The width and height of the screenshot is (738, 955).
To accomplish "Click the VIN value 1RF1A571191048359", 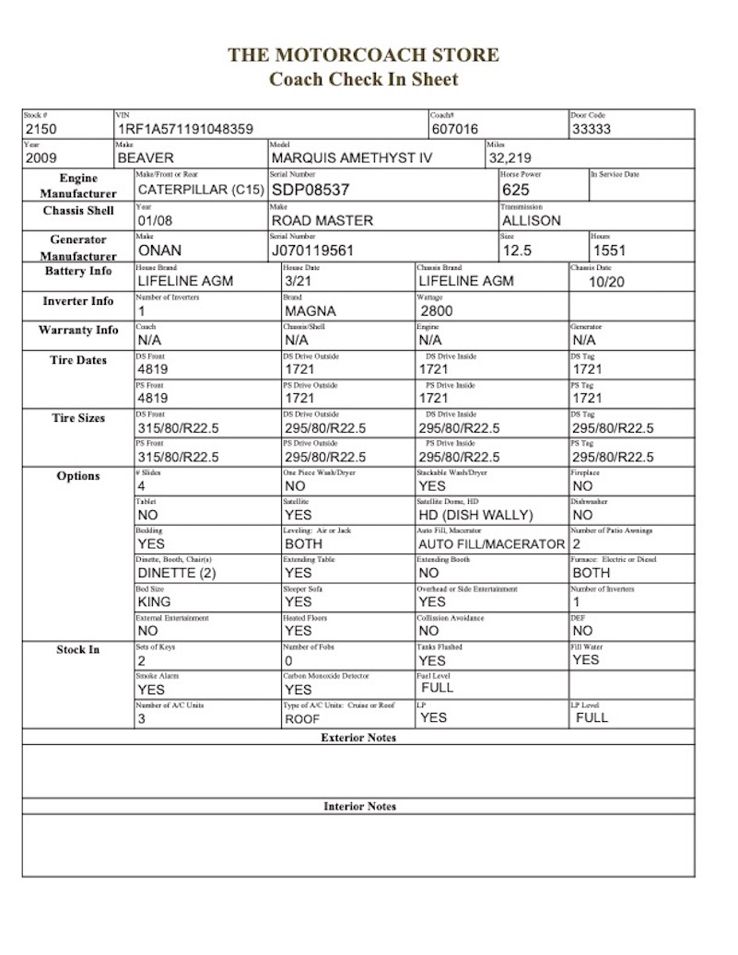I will coord(184,130).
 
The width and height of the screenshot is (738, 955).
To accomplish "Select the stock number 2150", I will coord(41,130).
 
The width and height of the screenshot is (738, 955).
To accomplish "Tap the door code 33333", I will coord(592,130).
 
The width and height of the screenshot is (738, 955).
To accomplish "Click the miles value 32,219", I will coord(510,158).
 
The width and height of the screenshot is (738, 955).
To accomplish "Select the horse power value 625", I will coord(516,190).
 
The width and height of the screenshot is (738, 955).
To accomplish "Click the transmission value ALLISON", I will coord(532,221).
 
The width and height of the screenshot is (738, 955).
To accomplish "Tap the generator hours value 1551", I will coord(610,250).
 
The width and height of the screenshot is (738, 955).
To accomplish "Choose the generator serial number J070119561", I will coord(313,250).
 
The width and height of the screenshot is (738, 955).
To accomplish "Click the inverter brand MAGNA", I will coord(310,311).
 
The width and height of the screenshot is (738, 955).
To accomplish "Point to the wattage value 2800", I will coord(437,311).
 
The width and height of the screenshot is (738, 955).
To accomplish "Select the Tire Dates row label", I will coord(78,361).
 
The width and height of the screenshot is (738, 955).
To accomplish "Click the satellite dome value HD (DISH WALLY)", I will coord(474,516).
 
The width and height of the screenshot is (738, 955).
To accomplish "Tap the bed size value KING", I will coord(154,602).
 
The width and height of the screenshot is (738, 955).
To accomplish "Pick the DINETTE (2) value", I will coord(176,573).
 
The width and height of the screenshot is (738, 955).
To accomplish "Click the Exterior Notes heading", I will coord(358,738).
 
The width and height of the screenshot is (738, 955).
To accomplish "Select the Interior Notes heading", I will coord(359,807).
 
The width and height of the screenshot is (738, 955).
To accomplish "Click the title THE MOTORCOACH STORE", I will coord(364,55).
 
